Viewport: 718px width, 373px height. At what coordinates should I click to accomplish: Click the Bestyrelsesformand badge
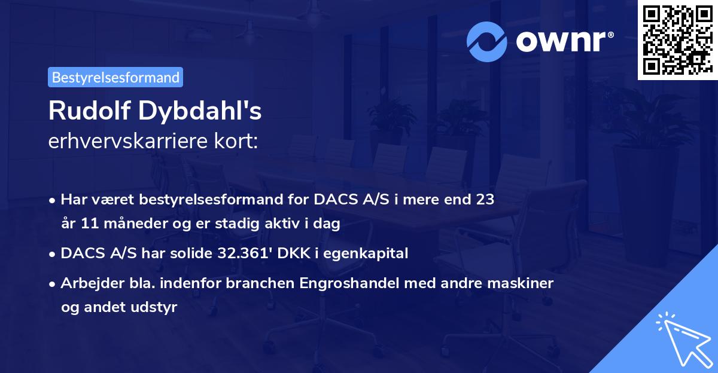tap(115, 77)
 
